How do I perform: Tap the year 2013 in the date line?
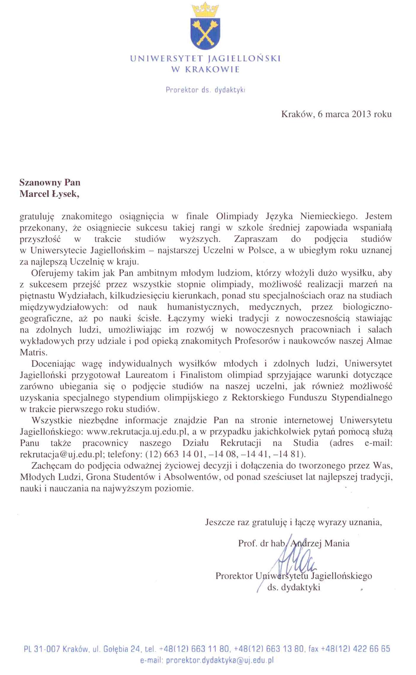pos(361,114)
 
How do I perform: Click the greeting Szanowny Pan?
pos(50,182)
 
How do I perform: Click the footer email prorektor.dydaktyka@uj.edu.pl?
pos(220,660)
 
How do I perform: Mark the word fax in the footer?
pos(313,649)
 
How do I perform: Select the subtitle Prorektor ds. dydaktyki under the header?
pos(205,90)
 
